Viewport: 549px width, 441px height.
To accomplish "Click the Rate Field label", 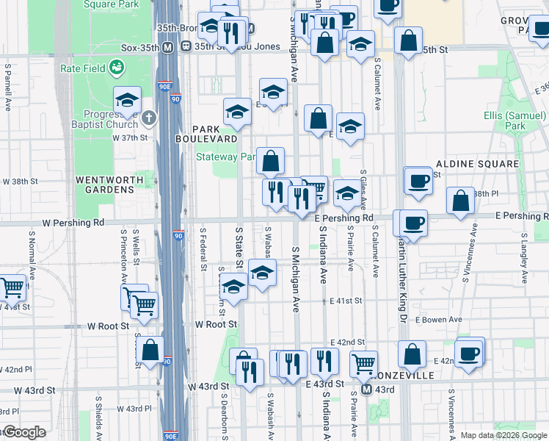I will point(81,69).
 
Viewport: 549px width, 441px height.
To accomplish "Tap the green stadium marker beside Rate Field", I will point(115,69).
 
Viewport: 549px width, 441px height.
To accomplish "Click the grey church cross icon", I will point(149,118).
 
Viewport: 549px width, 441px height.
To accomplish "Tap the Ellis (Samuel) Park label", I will point(516,121).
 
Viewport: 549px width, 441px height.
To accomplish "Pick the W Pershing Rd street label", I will point(73,222).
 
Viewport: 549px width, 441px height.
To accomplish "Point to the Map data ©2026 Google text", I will point(503,435).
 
